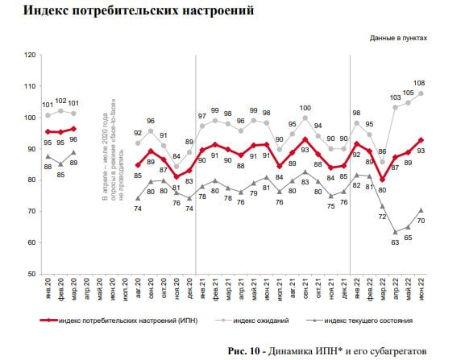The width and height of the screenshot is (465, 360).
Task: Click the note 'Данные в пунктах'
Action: [398, 38]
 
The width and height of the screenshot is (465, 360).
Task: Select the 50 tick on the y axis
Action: [31, 274]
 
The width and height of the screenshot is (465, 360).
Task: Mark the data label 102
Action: [61, 101]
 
